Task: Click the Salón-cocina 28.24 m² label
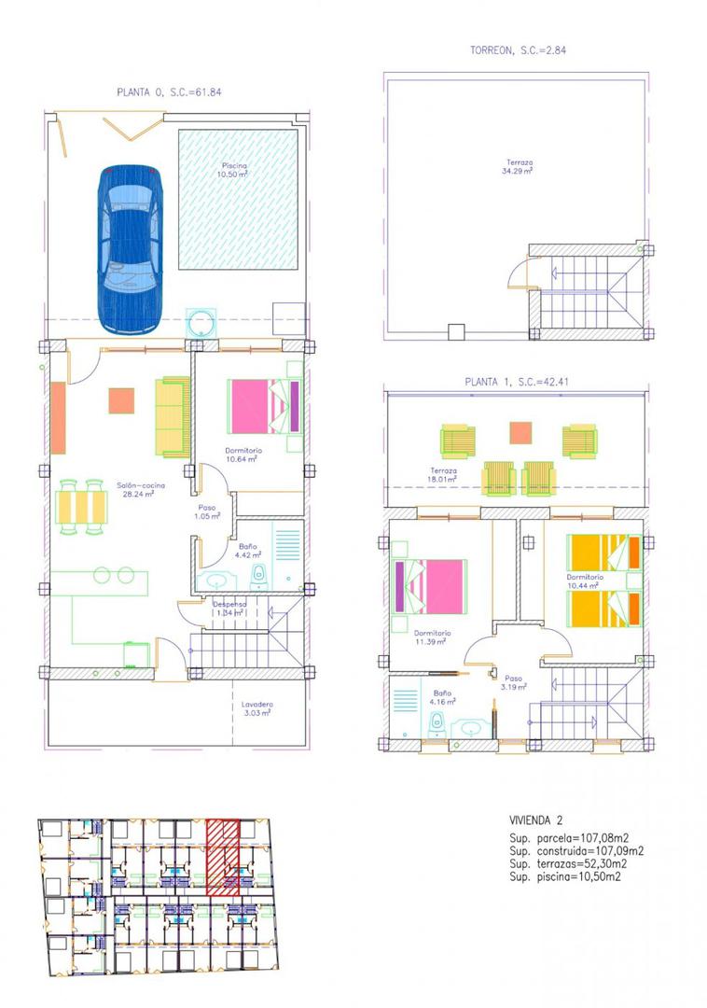(135, 490)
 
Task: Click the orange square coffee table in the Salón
(122, 399)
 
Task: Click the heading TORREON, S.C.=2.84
(518, 50)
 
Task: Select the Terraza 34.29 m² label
(516, 167)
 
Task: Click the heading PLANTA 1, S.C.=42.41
(516, 382)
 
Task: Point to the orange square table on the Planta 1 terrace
(520, 433)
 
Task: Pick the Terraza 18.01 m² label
(443, 475)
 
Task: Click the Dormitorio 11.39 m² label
(432, 637)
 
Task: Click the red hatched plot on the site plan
(223, 857)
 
